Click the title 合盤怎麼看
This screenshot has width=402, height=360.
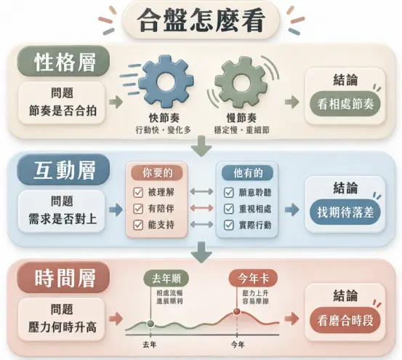(x=201, y=20)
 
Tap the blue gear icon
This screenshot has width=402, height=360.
(x=166, y=82)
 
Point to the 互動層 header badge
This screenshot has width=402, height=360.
(x=63, y=169)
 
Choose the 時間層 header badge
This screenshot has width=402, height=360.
(x=63, y=277)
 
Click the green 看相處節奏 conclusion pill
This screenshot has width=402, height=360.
(x=345, y=104)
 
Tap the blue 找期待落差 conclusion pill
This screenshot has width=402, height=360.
(x=345, y=212)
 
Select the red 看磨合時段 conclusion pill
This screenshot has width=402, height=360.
(x=345, y=320)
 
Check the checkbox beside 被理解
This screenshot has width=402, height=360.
(x=138, y=192)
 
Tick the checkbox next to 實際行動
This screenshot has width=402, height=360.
(x=229, y=225)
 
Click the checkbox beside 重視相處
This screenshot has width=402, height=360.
(x=229, y=209)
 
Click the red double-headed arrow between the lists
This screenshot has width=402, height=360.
(x=202, y=208)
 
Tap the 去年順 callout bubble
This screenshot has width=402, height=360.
(x=166, y=279)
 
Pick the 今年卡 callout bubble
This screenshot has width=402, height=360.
(x=253, y=279)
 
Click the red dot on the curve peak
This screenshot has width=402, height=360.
(x=237, y=312)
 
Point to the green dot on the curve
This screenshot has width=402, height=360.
(x=150, y=324)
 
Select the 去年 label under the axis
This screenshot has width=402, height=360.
(x=150, y=345)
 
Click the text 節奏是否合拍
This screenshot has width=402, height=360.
(x=63, y=111)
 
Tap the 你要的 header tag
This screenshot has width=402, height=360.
(x=157, y=173)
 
